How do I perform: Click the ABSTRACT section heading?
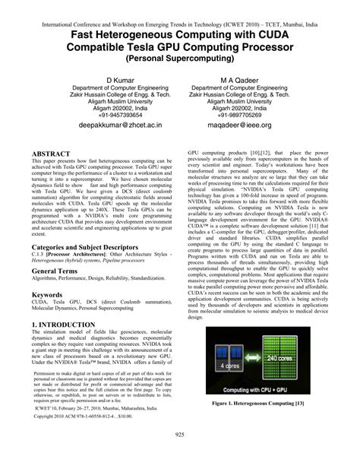coord(52,153)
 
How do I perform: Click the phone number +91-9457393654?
coord(120,116)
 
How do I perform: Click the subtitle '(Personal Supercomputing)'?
coord(180,58)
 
